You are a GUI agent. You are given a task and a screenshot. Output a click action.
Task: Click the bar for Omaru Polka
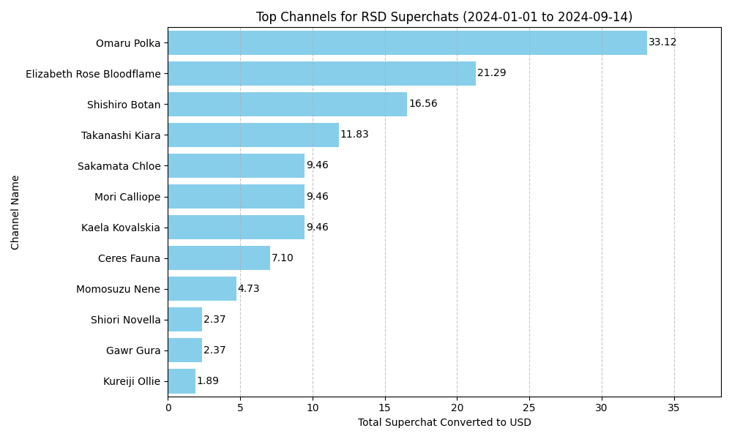tap(407, 42)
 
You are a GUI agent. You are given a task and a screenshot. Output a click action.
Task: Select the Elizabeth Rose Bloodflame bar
tap(321, 73)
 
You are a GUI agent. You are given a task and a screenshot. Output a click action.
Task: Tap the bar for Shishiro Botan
tap(287, 104)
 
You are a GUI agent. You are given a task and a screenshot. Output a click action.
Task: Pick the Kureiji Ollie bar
tap(182, 381)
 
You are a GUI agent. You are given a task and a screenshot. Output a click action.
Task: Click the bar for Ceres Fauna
tap(219, 258)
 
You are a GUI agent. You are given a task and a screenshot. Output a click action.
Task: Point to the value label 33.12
tap(662, 42)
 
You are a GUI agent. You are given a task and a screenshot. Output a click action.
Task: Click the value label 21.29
tap(491, 73)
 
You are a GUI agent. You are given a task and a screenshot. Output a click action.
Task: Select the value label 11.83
tap(354, 135)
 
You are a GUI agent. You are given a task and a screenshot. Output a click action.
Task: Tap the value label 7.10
tap(283, 258)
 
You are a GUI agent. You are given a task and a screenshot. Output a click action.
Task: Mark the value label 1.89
tap(207, 381)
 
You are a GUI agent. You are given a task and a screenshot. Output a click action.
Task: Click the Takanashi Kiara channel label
tap(121, 135)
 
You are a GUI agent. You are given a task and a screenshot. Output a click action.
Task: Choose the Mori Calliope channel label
tap(127, 197)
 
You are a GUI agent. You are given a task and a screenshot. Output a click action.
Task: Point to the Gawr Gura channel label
tap(133, 350)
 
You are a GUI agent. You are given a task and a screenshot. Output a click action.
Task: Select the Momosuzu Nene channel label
tap(118, 289)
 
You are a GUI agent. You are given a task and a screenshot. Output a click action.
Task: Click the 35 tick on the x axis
tap(674, 407)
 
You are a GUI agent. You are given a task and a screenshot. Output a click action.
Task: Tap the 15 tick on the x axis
tap(385, 407)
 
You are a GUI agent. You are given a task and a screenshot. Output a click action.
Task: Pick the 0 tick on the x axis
tap(168, 407)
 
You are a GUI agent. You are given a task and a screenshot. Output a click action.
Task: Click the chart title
tap(444, 17)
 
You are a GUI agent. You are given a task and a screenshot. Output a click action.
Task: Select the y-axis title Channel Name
tap(15, 212)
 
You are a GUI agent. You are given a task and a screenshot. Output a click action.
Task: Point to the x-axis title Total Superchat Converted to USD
tap(444, 423)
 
